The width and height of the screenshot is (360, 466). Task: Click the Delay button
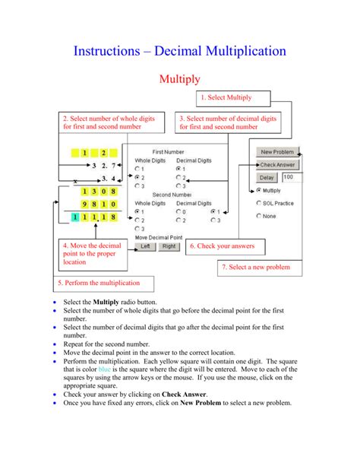click(267, 177)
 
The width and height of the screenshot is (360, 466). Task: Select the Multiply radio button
click(259, 191)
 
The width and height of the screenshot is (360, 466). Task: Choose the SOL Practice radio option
click(259, 203)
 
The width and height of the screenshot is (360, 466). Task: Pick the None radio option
click(259, 216)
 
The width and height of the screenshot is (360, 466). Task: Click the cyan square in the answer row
click(74, 217)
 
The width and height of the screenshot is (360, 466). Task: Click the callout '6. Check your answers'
click(226, 246)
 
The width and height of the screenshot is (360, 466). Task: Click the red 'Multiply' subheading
click(179, 78)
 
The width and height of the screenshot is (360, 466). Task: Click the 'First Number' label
click(169, 152)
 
